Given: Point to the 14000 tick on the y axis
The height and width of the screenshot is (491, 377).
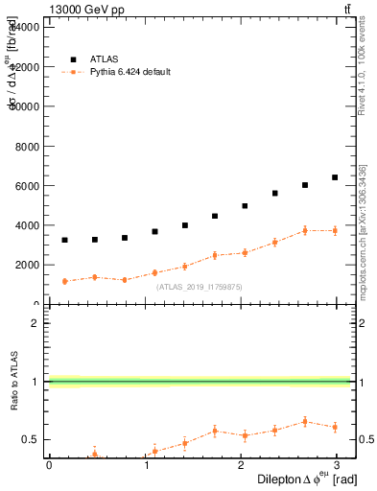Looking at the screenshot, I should point(26,27).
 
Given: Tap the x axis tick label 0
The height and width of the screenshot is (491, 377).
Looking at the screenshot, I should point(49,465).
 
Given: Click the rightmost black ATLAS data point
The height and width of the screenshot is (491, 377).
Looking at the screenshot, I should point(335,177).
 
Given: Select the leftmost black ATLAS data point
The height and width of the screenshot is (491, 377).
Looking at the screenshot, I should point(64,240).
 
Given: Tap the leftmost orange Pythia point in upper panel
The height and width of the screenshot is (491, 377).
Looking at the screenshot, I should point(64,281).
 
